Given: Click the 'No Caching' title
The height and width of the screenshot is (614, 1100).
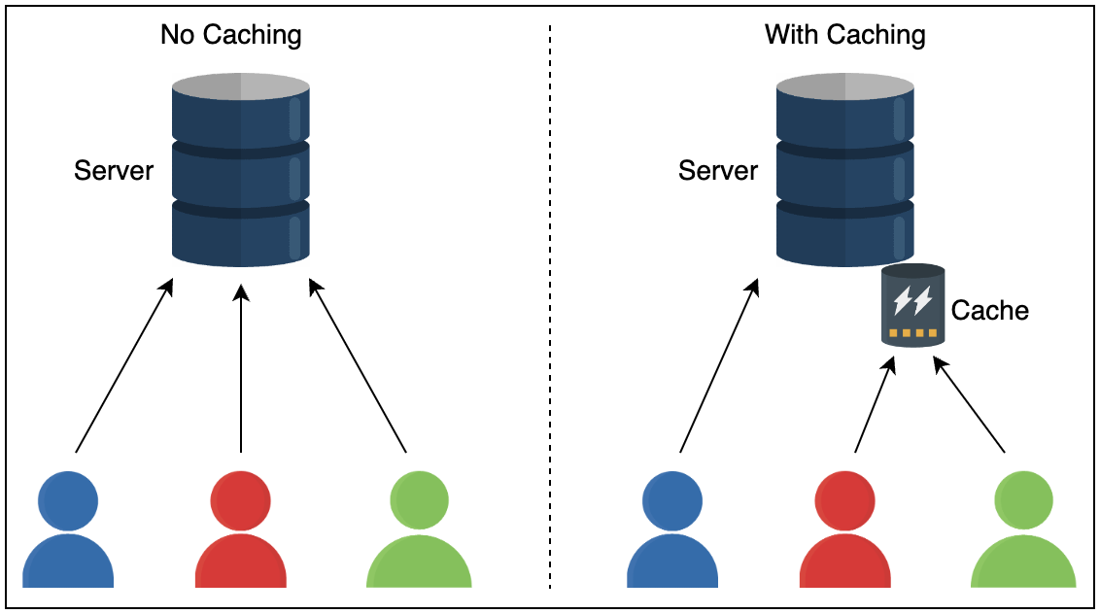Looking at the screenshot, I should click(x=231, y=36).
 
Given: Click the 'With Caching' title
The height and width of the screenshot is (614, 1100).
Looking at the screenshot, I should click(x=844, y=36).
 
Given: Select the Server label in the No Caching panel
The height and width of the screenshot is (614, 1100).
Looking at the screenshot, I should click(x=114, y=171).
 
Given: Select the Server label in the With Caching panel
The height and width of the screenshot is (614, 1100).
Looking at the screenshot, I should click(x=718, y=171).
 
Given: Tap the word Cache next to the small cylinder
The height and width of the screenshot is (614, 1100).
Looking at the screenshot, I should click(x=989, y=311).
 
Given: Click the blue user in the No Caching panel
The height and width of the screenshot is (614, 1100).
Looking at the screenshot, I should click(x=68, y=529).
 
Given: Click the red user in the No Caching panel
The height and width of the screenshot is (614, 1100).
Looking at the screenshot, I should click(x=240, y=529).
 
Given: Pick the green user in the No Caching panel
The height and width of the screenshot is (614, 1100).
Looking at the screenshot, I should click(x=419, y=529).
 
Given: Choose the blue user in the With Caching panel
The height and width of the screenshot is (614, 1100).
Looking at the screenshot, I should click(x=672, y=529).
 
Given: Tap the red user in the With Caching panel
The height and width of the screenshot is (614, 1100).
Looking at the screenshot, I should click(x=844, y=529).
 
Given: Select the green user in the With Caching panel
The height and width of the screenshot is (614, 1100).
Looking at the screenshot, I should click(x=1023, y=529).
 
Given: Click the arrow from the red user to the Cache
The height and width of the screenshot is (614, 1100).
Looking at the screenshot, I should click(x=873, y=406).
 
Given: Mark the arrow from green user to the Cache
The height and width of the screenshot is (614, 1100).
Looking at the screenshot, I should click(x=969, y=406).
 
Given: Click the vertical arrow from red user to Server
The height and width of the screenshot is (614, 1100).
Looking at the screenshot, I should click(x=241, y=369).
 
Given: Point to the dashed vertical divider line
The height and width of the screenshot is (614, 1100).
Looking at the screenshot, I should click(x=550, y=311).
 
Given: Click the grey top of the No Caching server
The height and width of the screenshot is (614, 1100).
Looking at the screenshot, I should click(x=241, y=86).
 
